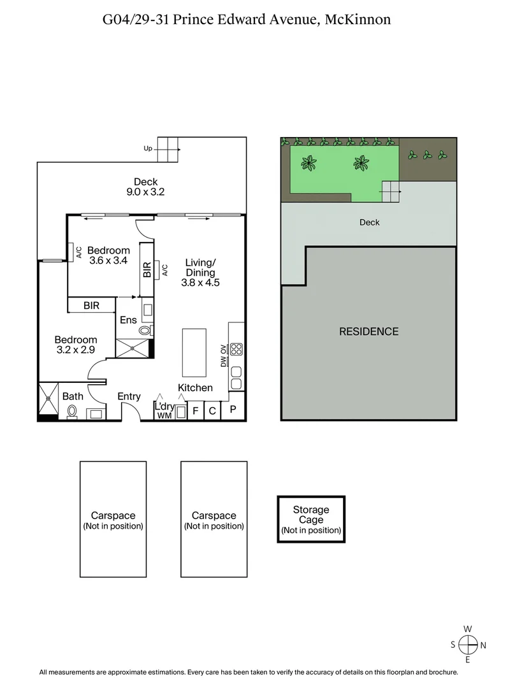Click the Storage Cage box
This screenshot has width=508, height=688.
311,519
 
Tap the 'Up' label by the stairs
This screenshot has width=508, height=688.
148,148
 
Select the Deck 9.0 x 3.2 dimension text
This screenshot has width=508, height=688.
145,192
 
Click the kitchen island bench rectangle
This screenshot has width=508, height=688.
194,352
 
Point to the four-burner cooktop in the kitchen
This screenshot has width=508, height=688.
236,349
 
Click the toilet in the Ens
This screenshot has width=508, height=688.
145,331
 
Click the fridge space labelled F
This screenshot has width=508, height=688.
196,411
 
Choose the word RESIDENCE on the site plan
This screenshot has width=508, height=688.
368,331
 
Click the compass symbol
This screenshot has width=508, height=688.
468,645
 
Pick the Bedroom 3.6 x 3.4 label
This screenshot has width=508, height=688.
108,255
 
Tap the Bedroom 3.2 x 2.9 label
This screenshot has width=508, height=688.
75,345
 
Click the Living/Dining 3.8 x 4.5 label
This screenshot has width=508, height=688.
200,273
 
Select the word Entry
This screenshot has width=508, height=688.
129,397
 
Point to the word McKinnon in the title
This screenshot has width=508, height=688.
358,20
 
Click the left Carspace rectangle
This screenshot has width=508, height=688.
113,519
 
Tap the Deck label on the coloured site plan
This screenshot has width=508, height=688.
369,222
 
